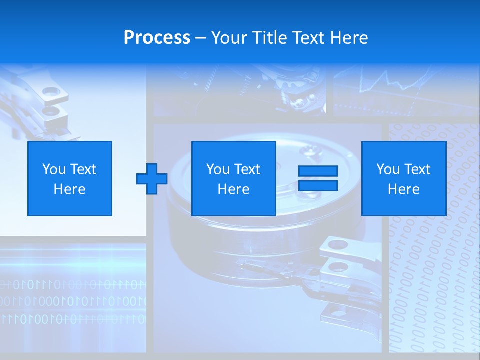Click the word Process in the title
(157, 37)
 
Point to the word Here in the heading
(348, 37)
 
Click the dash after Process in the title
(201, 38)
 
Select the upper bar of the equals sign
(318, 171)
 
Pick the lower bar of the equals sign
(318, 186)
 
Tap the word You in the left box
(53, 169)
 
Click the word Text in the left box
(83, 169)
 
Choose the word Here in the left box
(70, 189)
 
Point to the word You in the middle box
(217, 169)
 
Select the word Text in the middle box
(247, 169)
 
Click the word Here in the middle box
(234, 189)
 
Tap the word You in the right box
(387, 169)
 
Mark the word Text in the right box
(417, 169)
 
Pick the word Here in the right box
(404, 189)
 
